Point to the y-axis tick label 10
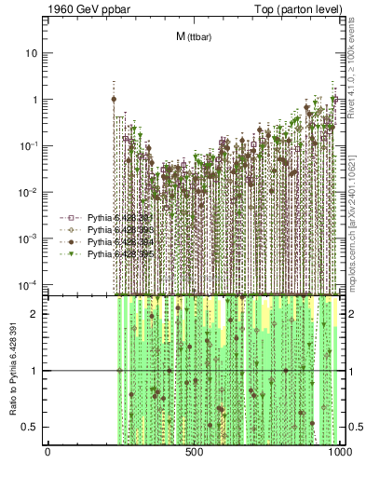coord(32,53)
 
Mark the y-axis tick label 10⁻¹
coord(30,145)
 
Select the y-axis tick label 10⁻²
coord(30,192)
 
